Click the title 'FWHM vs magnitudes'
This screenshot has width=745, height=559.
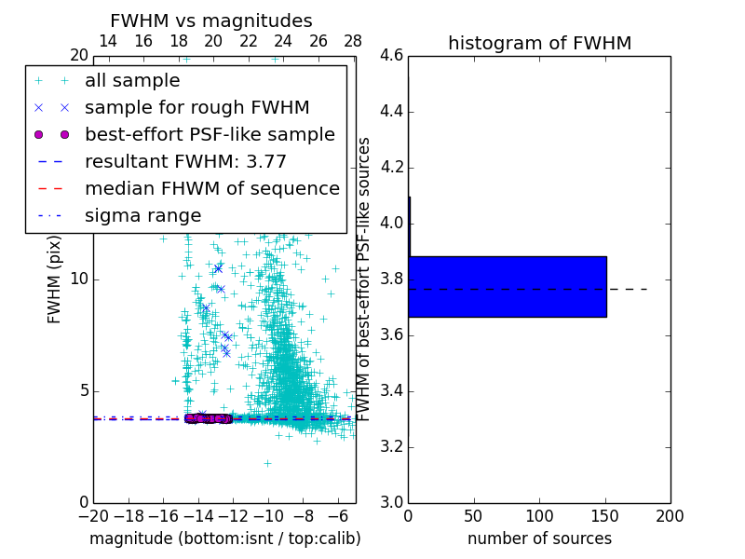click(210, 20)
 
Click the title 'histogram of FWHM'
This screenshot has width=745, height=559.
click(539, 43)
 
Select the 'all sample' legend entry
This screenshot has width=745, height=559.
click(132, 80)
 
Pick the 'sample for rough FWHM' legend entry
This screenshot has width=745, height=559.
click(196, 107)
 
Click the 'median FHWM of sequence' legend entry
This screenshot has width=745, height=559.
click(211, 188)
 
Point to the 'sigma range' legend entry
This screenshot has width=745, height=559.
click(142, 215)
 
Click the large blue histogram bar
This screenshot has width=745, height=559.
click(508, 286)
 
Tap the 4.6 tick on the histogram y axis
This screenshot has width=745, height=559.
click(391, 56)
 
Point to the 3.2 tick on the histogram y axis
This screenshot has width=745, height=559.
click(391, 447)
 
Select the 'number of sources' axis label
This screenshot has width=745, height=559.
click(539, 539)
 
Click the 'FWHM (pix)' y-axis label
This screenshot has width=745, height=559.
click(55, 279)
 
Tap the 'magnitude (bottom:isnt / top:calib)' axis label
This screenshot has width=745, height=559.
click(224, 539)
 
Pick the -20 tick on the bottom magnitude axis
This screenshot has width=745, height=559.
click(93, 516)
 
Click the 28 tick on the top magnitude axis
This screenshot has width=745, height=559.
click(353, 41)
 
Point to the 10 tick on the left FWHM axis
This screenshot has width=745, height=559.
click(79, 279)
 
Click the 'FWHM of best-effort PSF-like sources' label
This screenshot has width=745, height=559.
click(365, 279)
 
